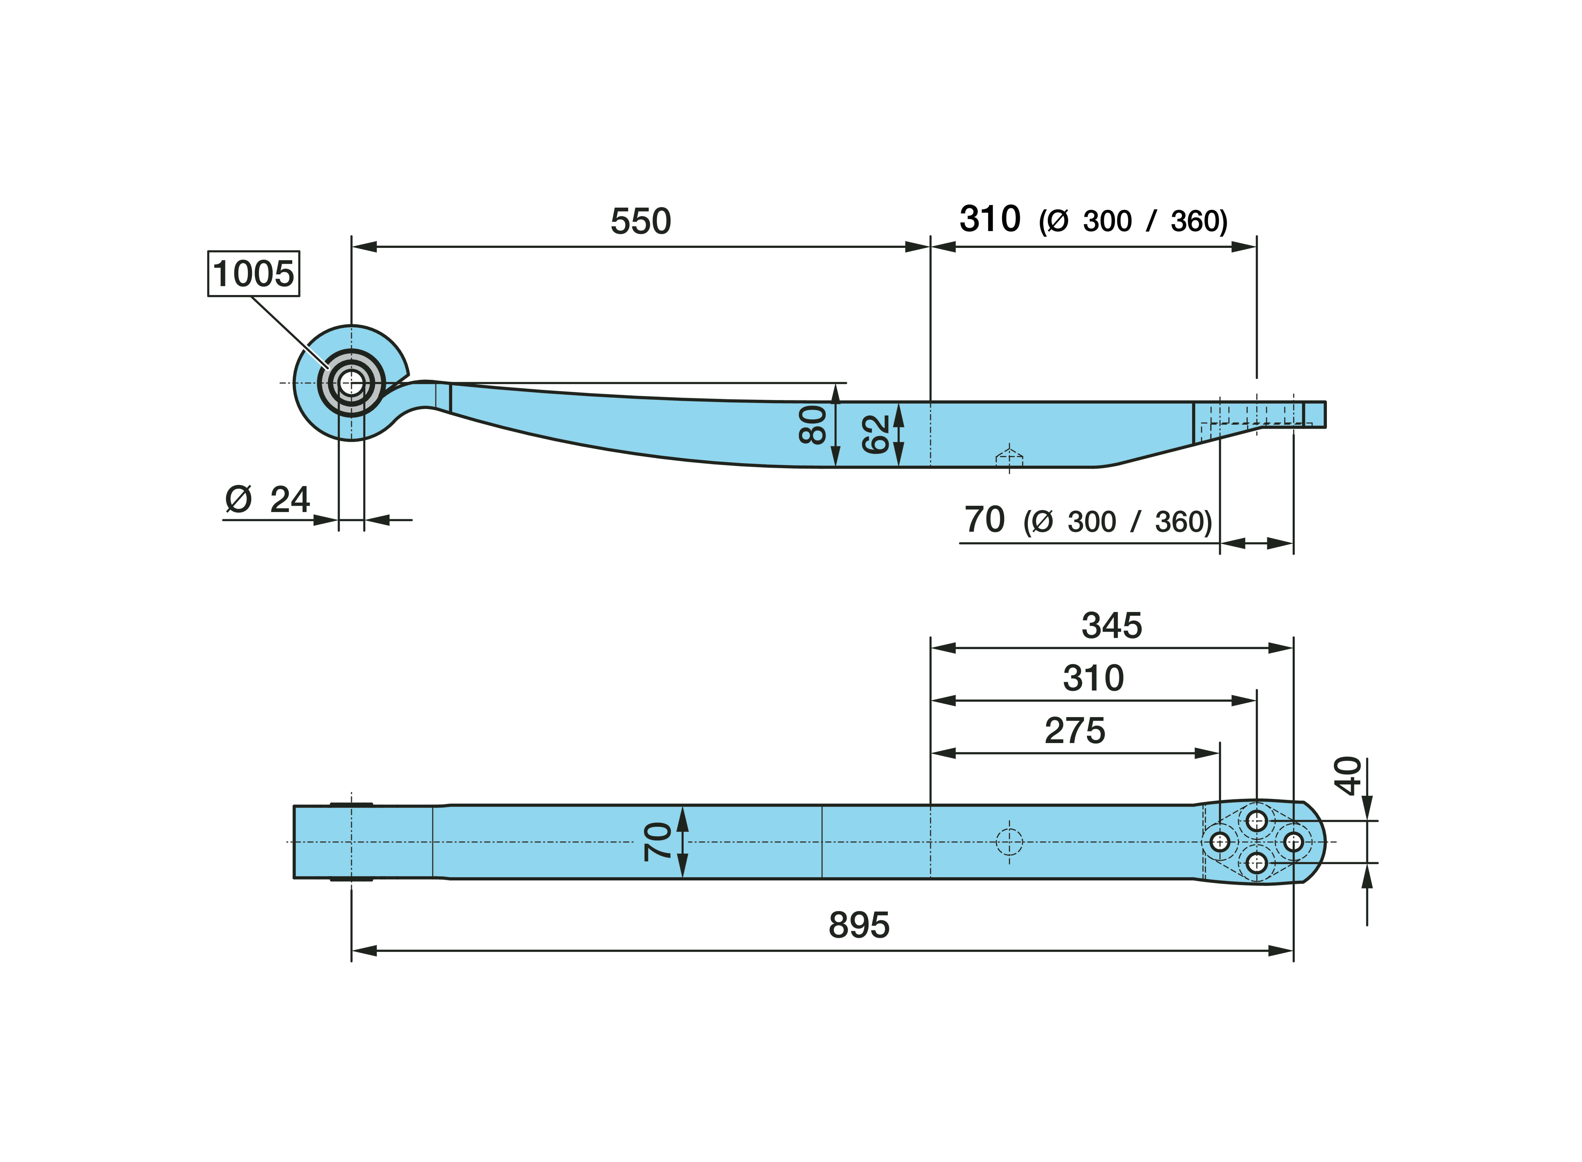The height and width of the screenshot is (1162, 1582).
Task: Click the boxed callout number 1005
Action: click(253, 274)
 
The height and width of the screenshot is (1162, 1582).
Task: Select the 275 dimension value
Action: click(1075, 731)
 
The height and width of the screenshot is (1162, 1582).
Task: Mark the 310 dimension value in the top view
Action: click(1093, 678)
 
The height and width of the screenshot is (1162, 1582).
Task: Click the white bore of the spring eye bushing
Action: click(352, 383)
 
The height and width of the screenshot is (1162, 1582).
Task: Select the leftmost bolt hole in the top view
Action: click(1220, 842)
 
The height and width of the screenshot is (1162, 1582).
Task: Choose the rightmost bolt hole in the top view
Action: click(1294, 842)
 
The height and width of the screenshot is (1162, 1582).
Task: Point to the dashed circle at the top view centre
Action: click(1009, 842)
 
